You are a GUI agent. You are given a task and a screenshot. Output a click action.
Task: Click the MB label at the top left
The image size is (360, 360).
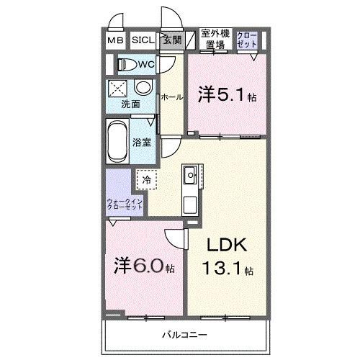pos(115,41)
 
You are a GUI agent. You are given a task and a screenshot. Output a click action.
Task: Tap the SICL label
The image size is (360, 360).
pos(142,41)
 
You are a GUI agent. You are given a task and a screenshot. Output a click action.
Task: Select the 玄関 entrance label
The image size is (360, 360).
pos(171,41)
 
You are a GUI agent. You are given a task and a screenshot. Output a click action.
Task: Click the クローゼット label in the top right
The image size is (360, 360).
pos(246,40)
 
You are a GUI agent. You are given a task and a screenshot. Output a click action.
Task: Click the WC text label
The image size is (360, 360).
pos(146,65)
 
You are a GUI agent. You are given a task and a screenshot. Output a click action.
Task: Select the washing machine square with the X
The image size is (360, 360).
pos(117,89)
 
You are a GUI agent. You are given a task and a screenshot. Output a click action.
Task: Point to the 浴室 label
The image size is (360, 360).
pos(142,141)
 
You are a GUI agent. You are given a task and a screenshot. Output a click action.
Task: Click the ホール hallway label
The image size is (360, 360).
pos(171,96)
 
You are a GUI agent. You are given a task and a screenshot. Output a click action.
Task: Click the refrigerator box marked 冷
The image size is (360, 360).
pos(146,179)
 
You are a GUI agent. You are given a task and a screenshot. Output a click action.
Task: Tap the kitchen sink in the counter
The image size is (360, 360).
pos(190,174)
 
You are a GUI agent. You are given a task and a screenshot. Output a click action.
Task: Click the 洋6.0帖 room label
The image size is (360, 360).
pos(144,267)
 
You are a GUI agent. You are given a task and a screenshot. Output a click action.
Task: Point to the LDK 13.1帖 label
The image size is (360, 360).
pos(228,257)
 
